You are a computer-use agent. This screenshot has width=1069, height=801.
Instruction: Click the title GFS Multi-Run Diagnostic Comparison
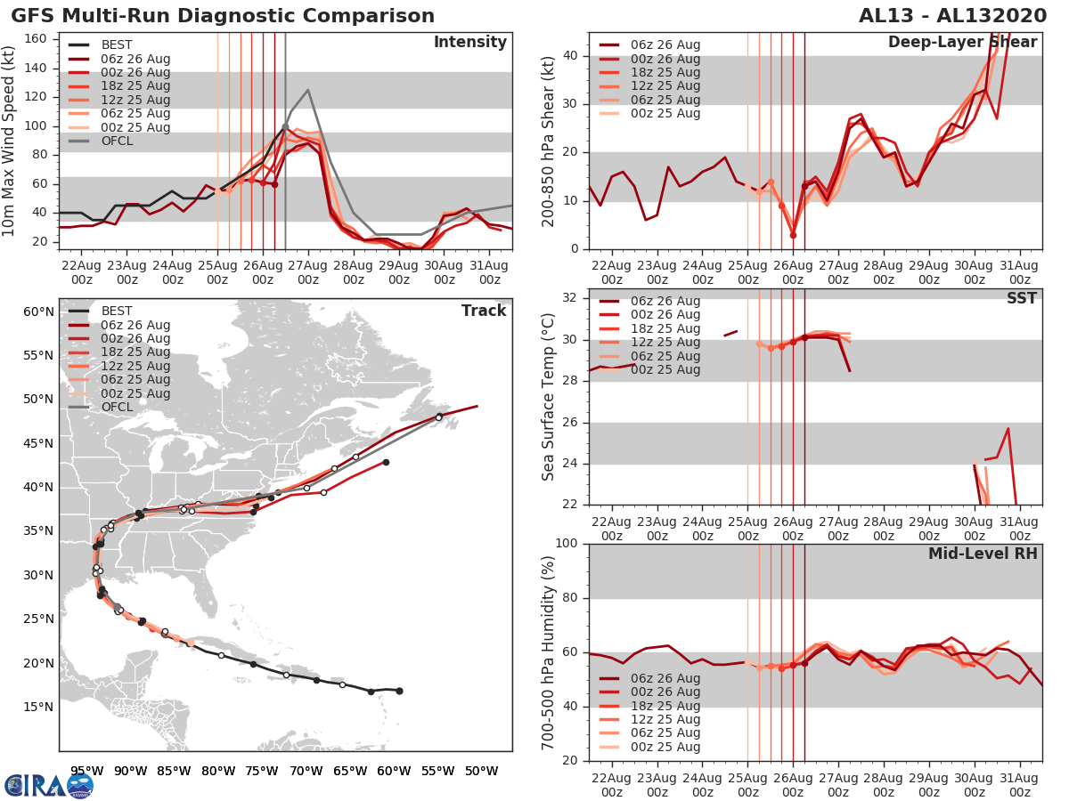tap(223, 16)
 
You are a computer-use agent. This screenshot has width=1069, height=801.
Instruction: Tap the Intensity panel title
tap(469, 43)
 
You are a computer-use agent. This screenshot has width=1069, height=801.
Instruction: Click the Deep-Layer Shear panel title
tap(962, 43)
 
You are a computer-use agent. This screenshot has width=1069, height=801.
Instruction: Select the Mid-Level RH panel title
tap(983, 554)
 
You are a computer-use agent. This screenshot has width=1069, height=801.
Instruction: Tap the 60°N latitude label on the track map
tap(38, 311)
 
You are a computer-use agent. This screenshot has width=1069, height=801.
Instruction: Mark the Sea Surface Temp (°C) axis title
tap(549, 397)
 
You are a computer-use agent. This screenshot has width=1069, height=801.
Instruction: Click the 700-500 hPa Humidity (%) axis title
tap(549, 651)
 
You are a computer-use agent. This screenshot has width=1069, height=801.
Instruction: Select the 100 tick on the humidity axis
tap(568, 544)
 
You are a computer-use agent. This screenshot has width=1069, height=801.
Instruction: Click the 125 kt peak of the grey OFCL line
tap(307, 90)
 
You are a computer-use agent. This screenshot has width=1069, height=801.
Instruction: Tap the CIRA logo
tap(48, 785)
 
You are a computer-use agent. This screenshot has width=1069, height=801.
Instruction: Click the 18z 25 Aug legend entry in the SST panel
tap(665, 328)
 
